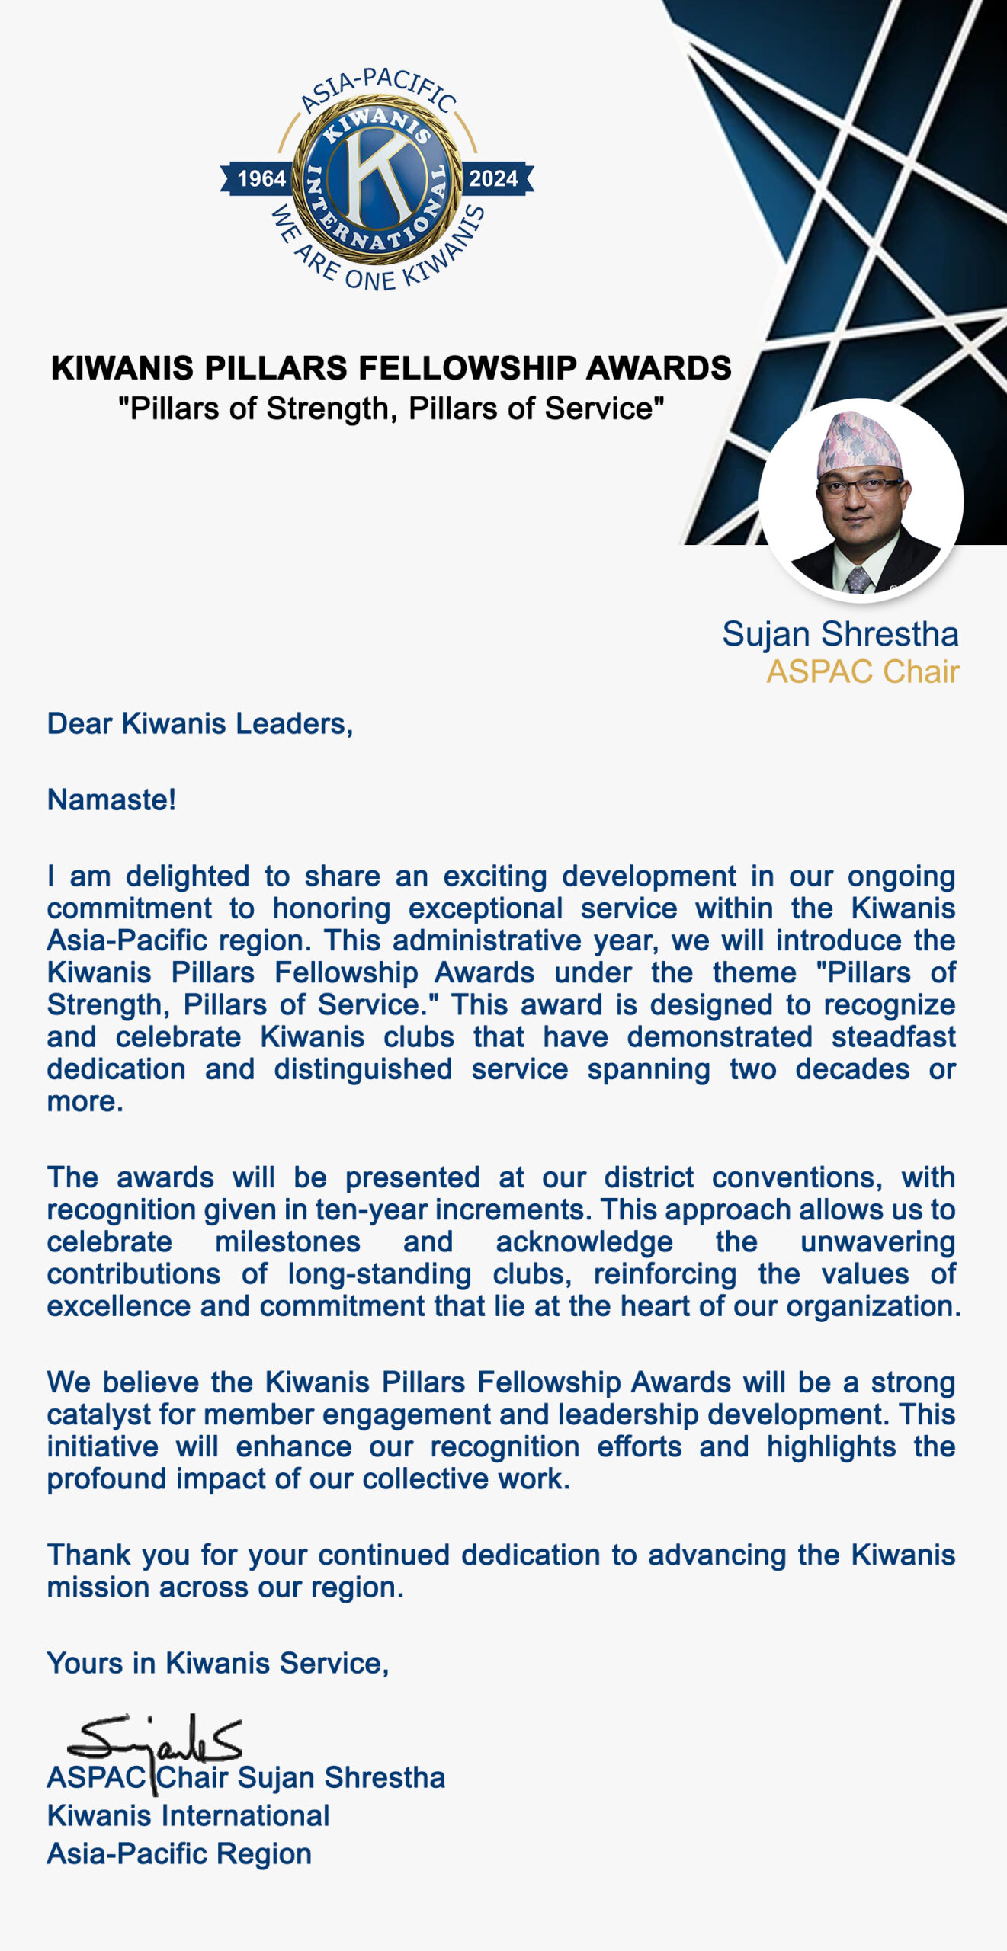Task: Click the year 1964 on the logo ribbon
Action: pyautogui.click(x=261, y=178)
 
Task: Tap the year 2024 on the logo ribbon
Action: pyautogui.click(x=493, y=178)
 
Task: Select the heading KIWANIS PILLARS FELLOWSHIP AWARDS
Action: pyautogui.click(x=391, y=368)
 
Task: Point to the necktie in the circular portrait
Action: pyautogui.click(x=858, y=579)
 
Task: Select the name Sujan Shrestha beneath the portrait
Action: pyautogui.click(x=840, y=634)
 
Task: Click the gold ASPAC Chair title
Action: pyautogui.click(x=863, y=671)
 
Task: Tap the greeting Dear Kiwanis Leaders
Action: pyautogui.click(x=200, y=723)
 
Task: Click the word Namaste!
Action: pyautogui.click(x=111, y=799)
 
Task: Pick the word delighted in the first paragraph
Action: pyautogui.click(x=188, y=876)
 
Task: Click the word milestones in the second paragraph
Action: pyautogui.click(x=287, y=1241)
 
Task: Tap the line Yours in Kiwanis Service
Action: pyautogui.click(x=218, y=1663)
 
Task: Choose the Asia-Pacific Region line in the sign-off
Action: pyautogui.click(x=179, y=1853)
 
